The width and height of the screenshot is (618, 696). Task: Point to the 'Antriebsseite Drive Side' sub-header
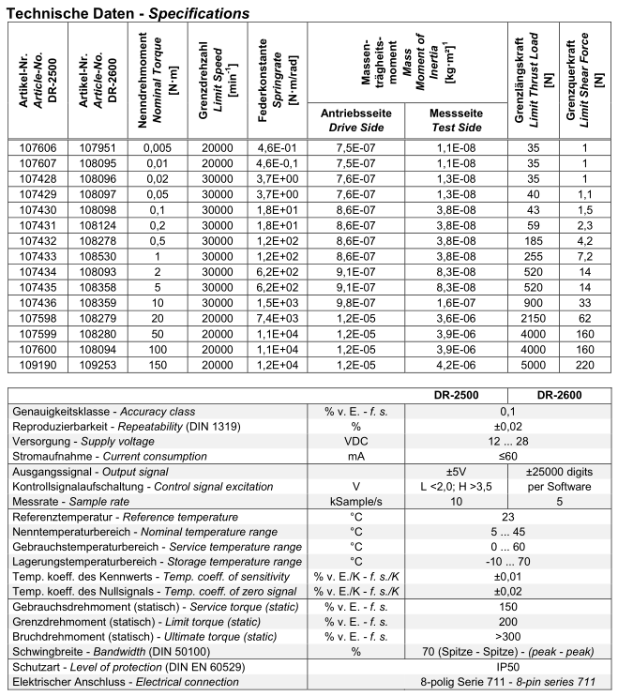(x=356, y=119)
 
